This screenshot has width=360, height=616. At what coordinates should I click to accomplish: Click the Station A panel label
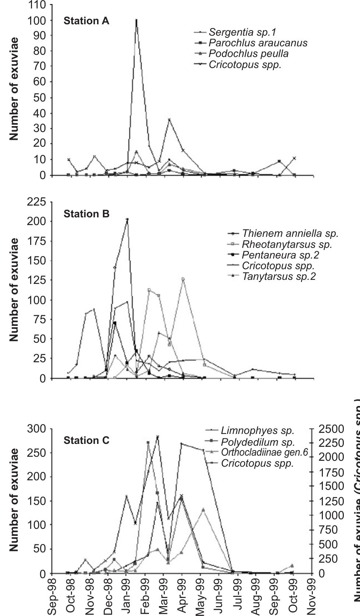tap(86, 21)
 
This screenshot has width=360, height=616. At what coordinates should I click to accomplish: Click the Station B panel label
tap(86, 214)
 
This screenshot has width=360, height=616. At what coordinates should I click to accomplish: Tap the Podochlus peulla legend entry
tap(248, 54)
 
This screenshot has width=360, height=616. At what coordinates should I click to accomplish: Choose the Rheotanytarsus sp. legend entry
tap(287, 244)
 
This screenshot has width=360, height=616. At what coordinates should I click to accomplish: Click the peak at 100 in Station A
tap(136, 20)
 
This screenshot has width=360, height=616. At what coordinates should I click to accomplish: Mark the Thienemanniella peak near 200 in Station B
tap(127, 220)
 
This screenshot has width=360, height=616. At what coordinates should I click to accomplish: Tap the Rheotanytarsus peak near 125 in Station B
tap(183, 279)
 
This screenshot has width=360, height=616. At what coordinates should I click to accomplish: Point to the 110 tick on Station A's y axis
tap(36, 5)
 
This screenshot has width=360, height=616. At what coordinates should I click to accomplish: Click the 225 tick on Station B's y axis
tap(36, 202)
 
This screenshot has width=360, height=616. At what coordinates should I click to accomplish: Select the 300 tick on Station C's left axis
tap(36, 428)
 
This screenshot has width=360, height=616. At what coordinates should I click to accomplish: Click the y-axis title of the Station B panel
tap(14, 289)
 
